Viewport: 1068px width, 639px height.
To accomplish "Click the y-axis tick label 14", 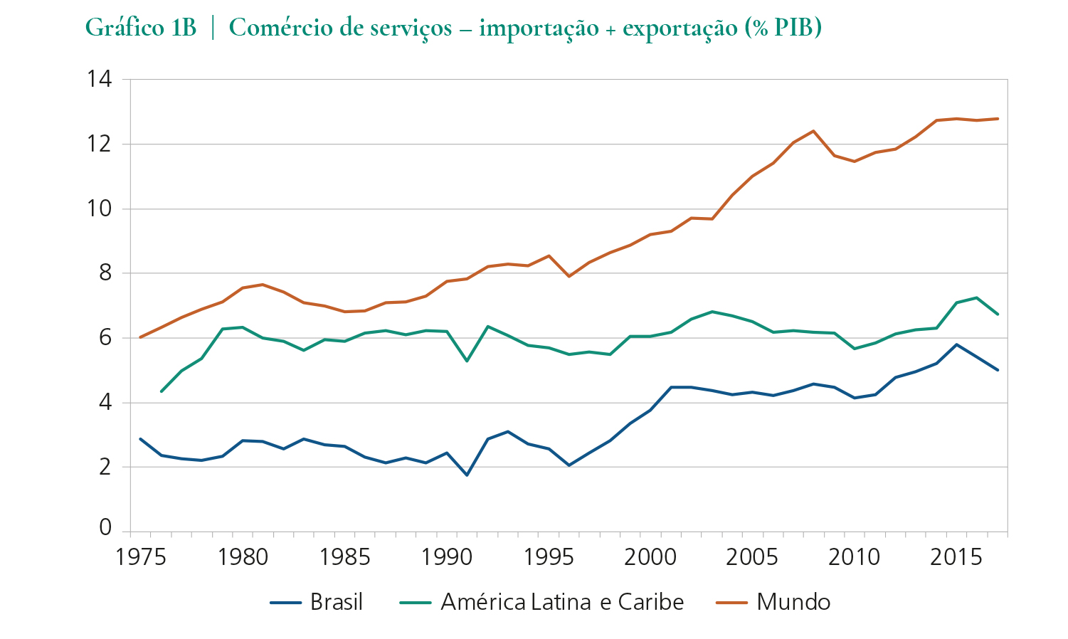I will (x=100, y=79).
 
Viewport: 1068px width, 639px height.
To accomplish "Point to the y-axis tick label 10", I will (x=100, y=208).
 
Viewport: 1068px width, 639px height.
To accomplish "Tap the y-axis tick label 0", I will (x=106, y=528).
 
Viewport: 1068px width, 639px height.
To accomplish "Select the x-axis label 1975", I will (x=141, y=557).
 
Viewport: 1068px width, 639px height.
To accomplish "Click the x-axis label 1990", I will (x=446, y=557).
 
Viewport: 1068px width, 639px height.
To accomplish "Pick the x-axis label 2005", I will (x=752, y=557).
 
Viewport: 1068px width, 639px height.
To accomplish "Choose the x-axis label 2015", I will (x=956, y=557).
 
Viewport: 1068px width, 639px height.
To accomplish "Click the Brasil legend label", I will (x=337, y=602).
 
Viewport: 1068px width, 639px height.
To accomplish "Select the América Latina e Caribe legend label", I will (x=562, y=602).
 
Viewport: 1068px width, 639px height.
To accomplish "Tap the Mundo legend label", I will (x=793, y=602).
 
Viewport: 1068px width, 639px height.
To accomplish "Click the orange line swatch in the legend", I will (x=731, y=603).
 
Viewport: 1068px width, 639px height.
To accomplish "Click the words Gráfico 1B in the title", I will (x=140, y=28).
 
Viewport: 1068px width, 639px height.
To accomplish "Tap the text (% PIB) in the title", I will (x=783, y=28).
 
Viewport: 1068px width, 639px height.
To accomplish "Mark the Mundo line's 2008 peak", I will (x=813, y=131).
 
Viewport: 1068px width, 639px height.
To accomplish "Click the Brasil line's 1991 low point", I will (x=467, y=475).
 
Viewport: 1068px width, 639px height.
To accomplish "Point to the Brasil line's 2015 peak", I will (x=956, y=344).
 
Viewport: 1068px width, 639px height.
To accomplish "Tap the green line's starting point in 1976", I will (x=161, y=391).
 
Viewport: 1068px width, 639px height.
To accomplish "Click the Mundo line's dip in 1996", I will (x=569, y=276).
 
